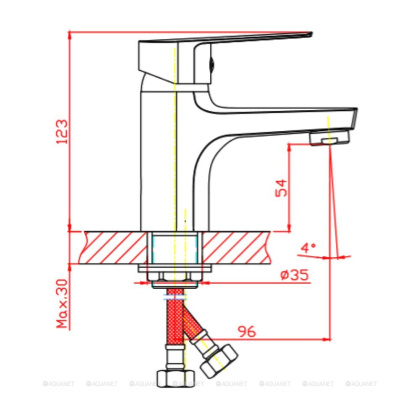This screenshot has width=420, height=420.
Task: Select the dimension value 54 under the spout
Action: coord(281,188)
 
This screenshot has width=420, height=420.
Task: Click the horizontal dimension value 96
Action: coord(248,331)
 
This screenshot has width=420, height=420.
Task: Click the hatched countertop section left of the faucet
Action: coord(115,244)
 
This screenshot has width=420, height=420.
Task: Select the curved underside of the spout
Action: coord(215,150)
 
